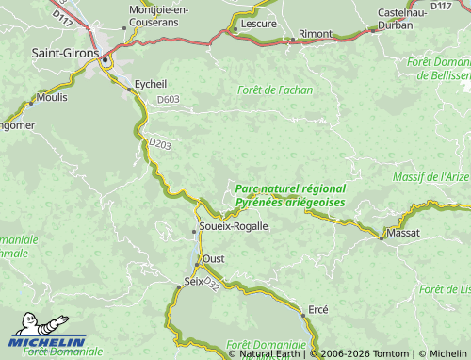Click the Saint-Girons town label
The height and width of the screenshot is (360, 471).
[64, 54]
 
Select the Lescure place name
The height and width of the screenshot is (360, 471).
[258, 23]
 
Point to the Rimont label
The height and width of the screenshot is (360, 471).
[315, 34]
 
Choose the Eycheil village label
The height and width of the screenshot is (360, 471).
[151, 84]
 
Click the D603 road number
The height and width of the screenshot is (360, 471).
[169, 99]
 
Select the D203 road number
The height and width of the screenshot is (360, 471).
[159, 144]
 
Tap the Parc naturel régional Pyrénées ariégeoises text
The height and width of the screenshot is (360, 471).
[289, 196]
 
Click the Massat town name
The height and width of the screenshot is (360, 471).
[403, 232]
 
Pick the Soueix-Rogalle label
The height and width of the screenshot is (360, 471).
[234, 226]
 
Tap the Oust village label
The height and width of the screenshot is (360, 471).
[214, 258]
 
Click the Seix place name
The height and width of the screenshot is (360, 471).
[193, 282]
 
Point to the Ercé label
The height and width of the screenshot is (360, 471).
[318, 310]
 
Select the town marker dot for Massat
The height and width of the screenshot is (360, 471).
[382, 237]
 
